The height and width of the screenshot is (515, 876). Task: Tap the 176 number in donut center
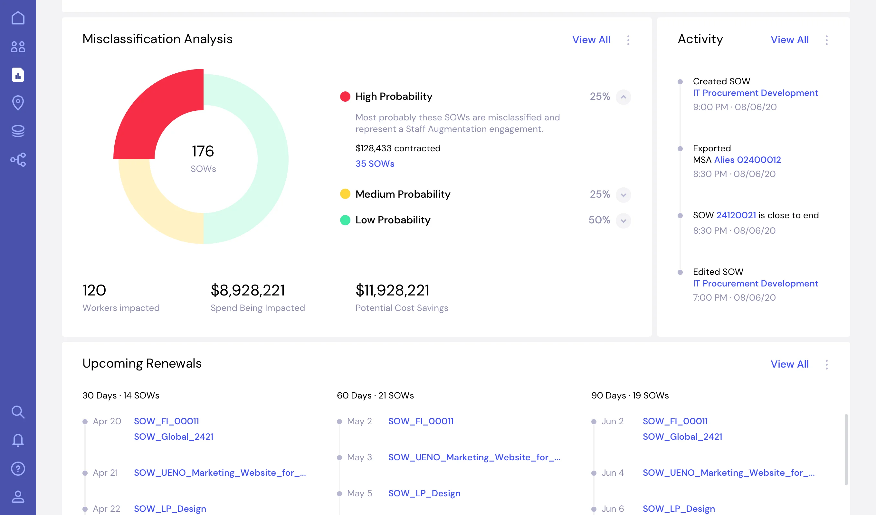click(x=203, y=151)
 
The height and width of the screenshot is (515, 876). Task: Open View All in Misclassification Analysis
click(x=591, y=40)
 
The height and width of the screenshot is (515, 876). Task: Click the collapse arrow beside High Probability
click(x=623, y=97)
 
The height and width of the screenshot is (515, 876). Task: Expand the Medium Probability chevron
click(x=623, y=195)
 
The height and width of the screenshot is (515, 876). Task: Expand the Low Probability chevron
click(x=623, y=221)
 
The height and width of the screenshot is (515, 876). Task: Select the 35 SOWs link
click(x=375, y=164)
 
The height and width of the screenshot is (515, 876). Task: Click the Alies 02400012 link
click(x=747, y=160)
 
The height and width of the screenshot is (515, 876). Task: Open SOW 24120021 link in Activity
click(x=736, y=215)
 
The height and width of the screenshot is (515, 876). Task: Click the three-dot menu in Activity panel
click(x=827, y=40)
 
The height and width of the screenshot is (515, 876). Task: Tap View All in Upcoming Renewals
click(x=789, y=364)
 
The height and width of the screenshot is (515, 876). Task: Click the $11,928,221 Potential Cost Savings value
click(x=393, y=290)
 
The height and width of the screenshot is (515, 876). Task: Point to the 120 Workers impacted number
click(x=94, y=290)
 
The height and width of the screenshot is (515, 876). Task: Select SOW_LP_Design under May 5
click(x=424, y=493)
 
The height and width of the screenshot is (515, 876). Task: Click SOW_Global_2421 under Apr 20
click(x=174, y=436)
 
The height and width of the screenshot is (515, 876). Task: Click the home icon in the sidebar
click(x=18, y=18)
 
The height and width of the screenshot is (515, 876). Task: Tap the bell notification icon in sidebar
click(x=18, y=440)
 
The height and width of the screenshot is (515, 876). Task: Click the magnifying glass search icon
click(x=18, y=412)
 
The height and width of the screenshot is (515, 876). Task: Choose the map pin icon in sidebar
click(x=18, y=103)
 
